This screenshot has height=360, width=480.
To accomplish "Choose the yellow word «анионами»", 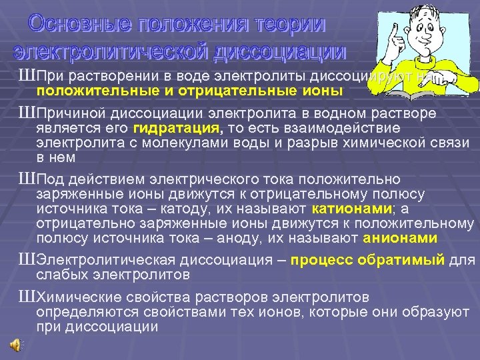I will (401, 238).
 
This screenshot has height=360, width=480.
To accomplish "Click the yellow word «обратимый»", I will (405, 259).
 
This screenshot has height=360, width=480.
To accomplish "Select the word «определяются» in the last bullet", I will (82, 311).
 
